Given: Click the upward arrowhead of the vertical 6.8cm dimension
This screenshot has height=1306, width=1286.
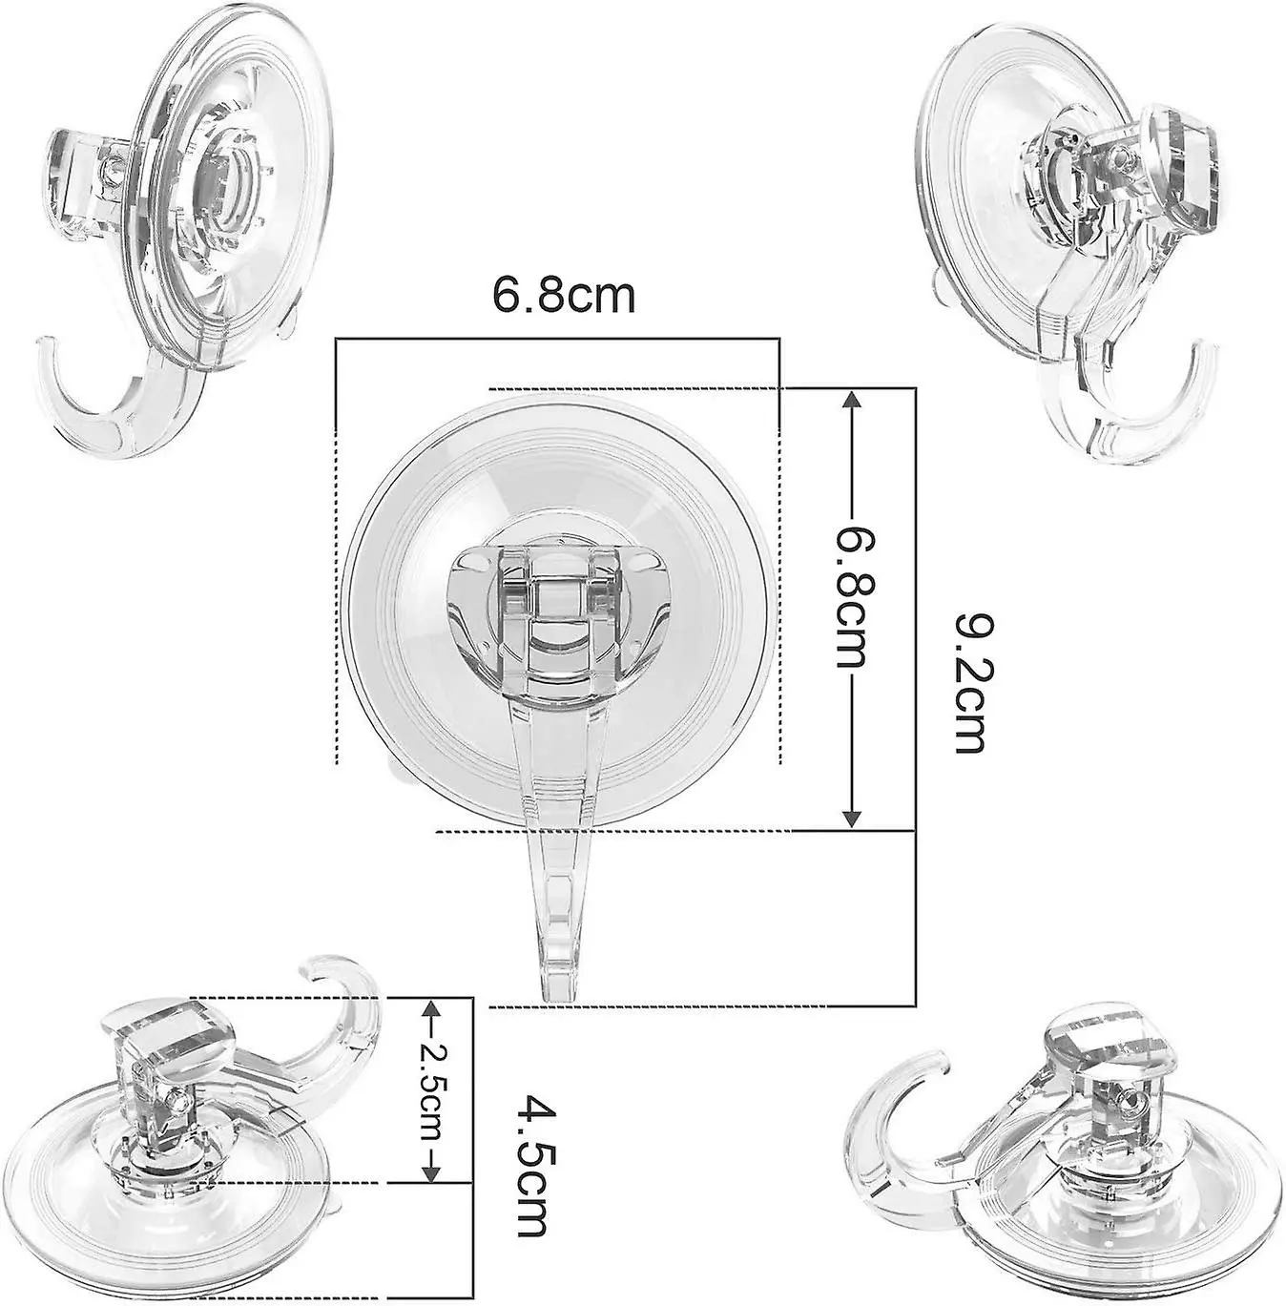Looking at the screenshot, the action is pos(853,404).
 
